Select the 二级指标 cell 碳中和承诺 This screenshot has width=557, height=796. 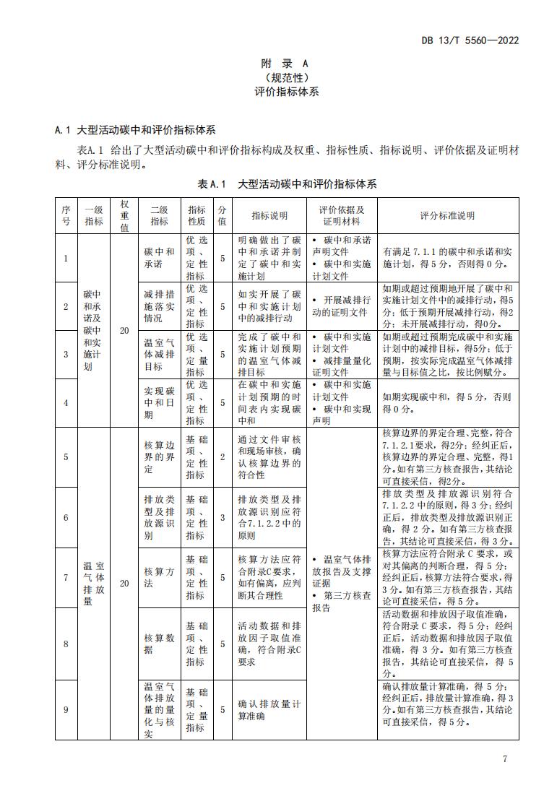(x=159, y=258)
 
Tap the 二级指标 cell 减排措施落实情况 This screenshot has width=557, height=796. (x=159, y=306)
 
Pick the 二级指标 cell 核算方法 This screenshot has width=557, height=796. (x=159, y=577)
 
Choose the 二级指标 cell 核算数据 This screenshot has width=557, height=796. (x=159, y=644)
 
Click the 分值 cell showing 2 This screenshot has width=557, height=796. (x=222, y=457)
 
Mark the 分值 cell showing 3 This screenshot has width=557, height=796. (x=222, y=517)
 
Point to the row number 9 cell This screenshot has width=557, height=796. (x=66, y=709)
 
